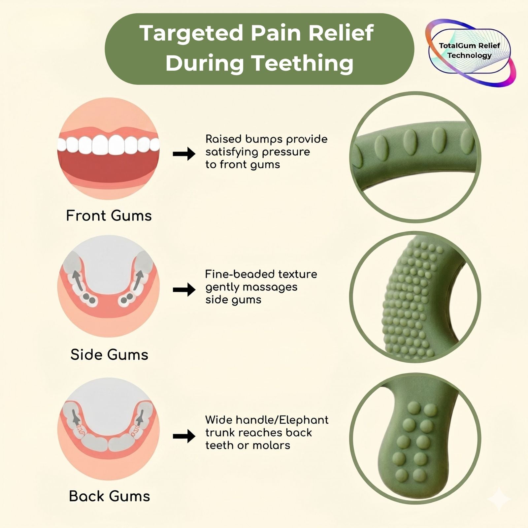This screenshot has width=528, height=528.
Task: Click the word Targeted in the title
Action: coord(191,33)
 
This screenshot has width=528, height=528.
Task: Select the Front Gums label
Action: coord(109,216)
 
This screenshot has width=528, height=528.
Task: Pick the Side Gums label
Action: coord(109,355)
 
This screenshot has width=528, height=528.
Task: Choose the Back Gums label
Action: coord(109,496)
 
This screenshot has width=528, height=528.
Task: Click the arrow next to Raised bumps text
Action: coord(184,154)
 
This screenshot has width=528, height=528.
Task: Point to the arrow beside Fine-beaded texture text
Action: coord(184,290)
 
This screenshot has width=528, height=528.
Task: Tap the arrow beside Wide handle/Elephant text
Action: coord(184,436)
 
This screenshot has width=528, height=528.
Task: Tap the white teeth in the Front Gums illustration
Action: coord(108,145)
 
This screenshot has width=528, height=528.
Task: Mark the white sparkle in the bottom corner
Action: coord(499,499)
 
